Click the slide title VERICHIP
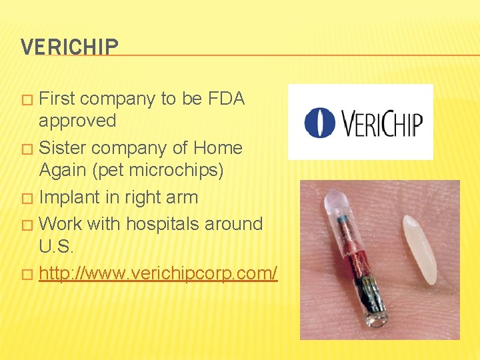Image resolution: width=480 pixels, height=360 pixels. click(69, 47)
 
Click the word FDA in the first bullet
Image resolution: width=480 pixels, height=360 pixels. click(226, 99)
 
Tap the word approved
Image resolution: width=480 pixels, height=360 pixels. click(77, 121)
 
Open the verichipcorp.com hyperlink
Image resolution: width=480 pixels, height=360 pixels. click(158, 273)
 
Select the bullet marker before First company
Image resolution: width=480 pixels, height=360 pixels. click(27, 100)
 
